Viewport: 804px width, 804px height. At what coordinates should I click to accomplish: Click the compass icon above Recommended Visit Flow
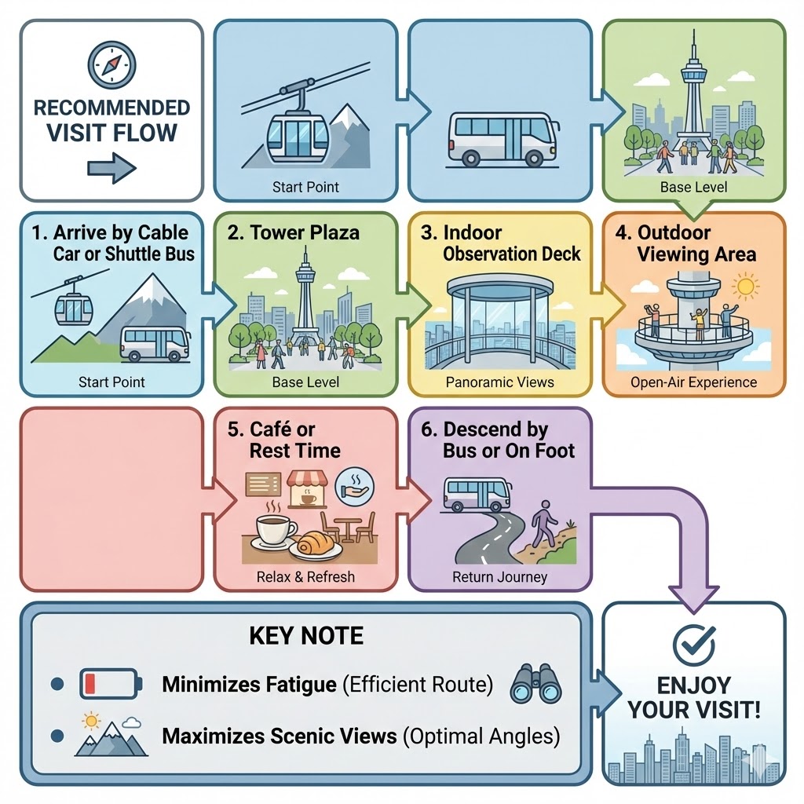[111, 64]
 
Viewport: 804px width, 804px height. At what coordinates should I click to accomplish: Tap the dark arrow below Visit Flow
[111, 168]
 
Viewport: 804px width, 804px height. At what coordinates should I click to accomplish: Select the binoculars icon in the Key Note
[536, 684]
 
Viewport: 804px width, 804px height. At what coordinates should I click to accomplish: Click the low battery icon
[111, 683]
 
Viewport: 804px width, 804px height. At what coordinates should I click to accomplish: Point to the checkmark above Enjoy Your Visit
[694, 645]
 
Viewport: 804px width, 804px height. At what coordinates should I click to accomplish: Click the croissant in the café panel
[316, 544]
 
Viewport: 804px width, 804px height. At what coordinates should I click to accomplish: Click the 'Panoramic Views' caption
[500, 382]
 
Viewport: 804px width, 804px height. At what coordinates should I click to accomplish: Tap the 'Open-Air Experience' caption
[694, 382]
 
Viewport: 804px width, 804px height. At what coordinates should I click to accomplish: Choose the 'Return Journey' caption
[500, 577]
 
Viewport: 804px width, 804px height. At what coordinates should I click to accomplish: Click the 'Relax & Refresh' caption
[305, 577]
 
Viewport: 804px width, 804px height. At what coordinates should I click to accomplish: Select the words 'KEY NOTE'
[306, 635]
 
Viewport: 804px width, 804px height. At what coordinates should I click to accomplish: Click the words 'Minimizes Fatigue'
[249, 685]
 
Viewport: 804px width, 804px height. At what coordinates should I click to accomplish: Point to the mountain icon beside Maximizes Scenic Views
[110, 735]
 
